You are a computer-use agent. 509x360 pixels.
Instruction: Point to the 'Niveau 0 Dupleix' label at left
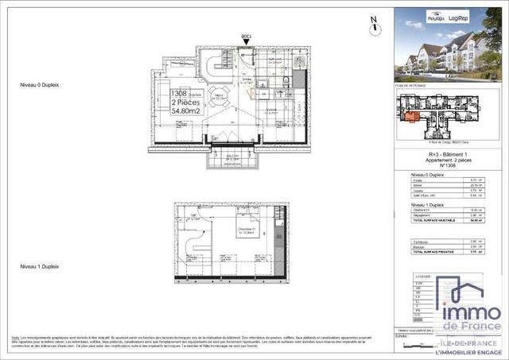coord(41,84)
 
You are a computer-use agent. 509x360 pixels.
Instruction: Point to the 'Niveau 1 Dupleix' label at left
coord(41,265)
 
